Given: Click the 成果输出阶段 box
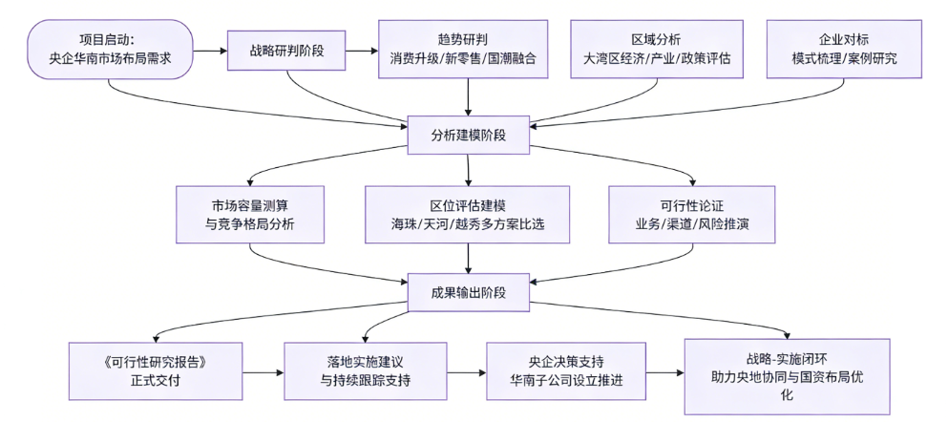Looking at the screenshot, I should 468,293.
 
